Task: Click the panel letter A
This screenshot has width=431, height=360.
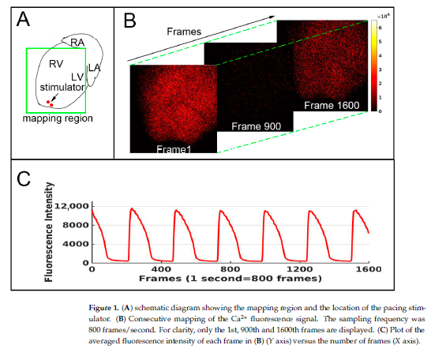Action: (x=24, y=18)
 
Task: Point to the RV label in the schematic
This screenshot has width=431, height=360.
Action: (x=56, y=63)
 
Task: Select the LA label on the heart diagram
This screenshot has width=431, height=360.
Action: (x=94, y=67)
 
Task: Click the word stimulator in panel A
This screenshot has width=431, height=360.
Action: (x=62, y=88)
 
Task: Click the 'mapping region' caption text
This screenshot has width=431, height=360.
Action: (x=58, y=119)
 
